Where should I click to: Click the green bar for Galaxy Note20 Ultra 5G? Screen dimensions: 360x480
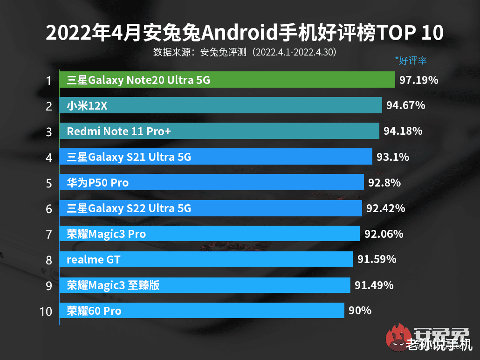click(x=227, y=80)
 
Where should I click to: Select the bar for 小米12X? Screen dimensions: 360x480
click(x=220, y=106)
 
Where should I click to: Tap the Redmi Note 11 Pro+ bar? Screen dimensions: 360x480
click(x=219, y=132)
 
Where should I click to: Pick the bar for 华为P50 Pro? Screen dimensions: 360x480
click(x=212, y=182)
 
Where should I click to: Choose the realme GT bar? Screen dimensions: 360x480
click(x=206, y=259)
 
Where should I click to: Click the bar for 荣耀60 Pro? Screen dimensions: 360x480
click(x=202, y=310)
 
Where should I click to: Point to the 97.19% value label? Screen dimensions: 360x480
click(x=418, y=80)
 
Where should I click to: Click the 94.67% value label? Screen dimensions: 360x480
click(x=405, y=106)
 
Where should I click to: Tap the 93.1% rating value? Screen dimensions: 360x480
click(x=392, y=157)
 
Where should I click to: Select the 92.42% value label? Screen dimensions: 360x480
click(x=385, y=208)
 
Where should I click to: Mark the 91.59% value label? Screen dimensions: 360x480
click(x=377, y=259)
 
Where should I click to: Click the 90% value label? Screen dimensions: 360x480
click(x=360, y=310)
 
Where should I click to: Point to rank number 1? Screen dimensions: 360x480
click(x=48, y=81)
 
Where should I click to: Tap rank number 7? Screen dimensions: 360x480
click(x=48, y=234)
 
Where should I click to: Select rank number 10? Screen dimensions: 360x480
click(x=46, y=311)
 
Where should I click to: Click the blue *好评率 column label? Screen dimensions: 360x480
click(x=411, y=60)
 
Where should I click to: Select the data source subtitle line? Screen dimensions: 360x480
click(x=245, y=52)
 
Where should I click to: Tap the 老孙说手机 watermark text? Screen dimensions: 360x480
click(x=438, y=346)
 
